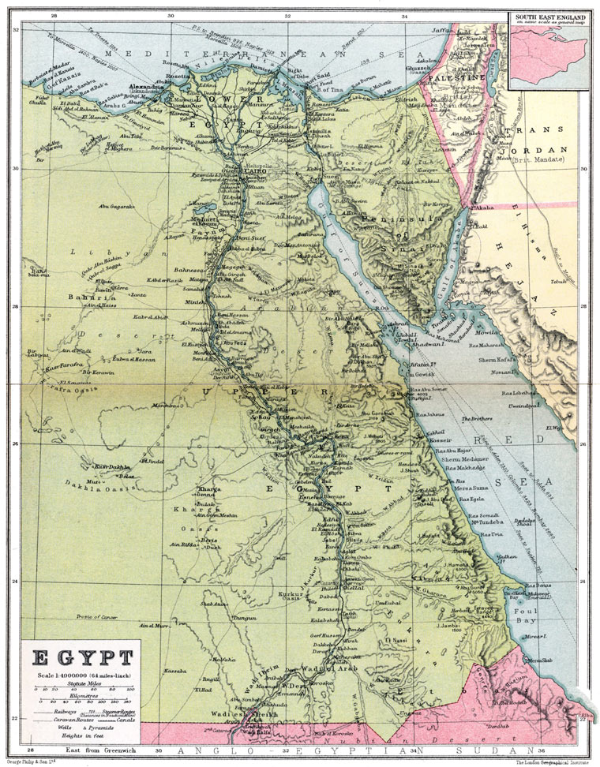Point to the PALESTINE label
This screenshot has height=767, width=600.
click(x=456, y=79)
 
